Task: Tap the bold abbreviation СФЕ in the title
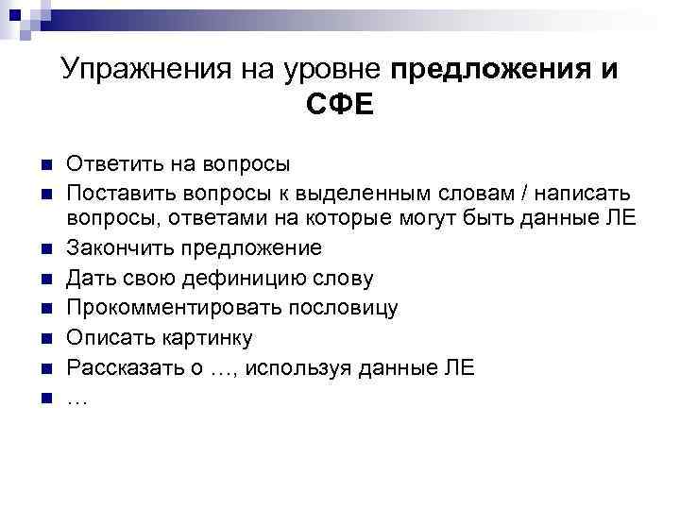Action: pyautogui.click(x=339, y=105)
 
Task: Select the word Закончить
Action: pyautogui.click(x=121, y=248)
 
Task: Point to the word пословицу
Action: pyautogui.click(x=344, y=308)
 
